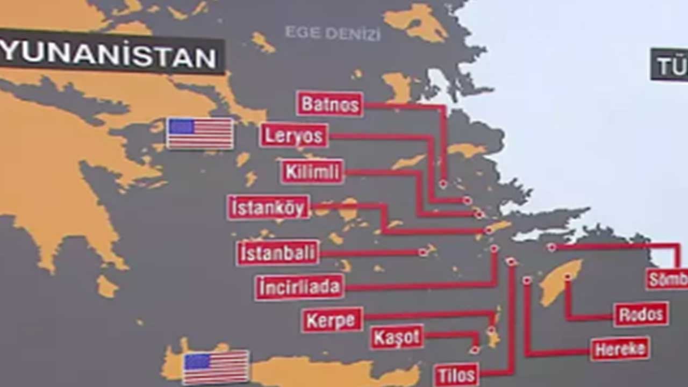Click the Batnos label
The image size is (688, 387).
click(x=329, y=104)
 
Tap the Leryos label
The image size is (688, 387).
click(x=293, y=135)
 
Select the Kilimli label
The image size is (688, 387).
click(x=312, y=172)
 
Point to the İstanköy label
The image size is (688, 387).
click(x=268, y=207)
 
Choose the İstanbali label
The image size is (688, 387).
click(x=277, y=253)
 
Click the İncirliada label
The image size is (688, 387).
click(x=299, y=288)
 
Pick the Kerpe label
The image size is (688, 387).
click(x=332, y=320)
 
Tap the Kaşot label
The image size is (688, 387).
click(x=397, y=337)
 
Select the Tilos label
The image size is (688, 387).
click(x=456, y=375)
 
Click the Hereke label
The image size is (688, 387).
click(x=620, y=349)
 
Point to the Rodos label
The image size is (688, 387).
click(x=641, y=314)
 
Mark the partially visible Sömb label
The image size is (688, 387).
click(x=667, y=279)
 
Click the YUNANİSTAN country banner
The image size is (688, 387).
click(x=110, y=55)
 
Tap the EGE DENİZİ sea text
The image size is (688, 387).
click(x=332, y=33)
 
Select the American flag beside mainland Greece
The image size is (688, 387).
click(x=200, y=133)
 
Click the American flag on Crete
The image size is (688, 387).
click(x=216, y=367)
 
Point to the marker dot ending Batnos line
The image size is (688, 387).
click(x=443, y=184)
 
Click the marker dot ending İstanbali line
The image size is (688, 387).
click(x=423, y=252)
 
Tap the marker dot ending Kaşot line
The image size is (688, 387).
click(x=475, y=350)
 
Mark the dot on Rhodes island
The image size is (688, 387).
click(x=567, y=277)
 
